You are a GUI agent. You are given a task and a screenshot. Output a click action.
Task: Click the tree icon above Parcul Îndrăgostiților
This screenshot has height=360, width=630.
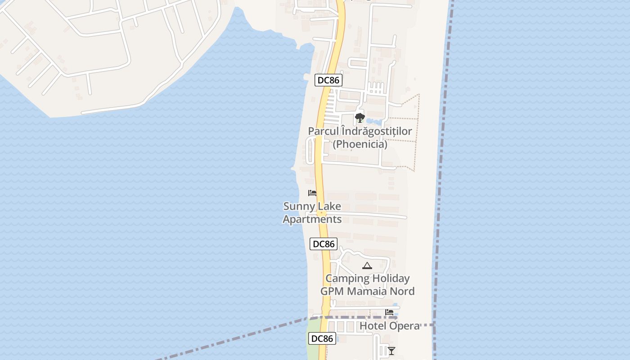tap(360, 118)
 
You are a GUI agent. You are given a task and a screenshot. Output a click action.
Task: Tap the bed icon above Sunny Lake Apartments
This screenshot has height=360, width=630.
tap(312, 193)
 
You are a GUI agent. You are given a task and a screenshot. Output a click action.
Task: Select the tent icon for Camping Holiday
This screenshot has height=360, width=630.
tap(367, 266)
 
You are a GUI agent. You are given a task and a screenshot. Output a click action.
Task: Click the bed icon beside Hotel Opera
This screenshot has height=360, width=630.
tap(389, 312)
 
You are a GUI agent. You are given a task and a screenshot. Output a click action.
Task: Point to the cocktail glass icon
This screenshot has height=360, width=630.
tap(391, 351)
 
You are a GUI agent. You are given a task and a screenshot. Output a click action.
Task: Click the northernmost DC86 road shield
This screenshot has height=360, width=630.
tap(328, 80)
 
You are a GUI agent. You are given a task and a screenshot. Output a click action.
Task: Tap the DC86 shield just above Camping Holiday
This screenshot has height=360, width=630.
tap(324, 244)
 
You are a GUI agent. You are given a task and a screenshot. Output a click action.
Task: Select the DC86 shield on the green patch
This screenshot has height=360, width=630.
tap(322, 339)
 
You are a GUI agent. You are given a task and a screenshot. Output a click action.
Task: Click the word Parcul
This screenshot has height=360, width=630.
tap(323, 131)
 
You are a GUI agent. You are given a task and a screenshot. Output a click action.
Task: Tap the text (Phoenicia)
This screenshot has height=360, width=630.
tap(360, 144)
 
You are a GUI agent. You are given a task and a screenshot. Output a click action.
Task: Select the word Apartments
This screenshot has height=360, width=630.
tap(312, 220)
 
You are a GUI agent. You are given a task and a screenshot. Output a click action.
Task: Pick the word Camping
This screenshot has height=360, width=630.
tap(347, 279)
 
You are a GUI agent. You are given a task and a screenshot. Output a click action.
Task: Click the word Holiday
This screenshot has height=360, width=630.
tap(391, 279)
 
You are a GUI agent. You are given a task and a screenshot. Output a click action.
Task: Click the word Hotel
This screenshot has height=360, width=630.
tap(372, 326)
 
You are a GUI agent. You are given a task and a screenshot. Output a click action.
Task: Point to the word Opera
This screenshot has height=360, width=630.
tap(404, 326)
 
